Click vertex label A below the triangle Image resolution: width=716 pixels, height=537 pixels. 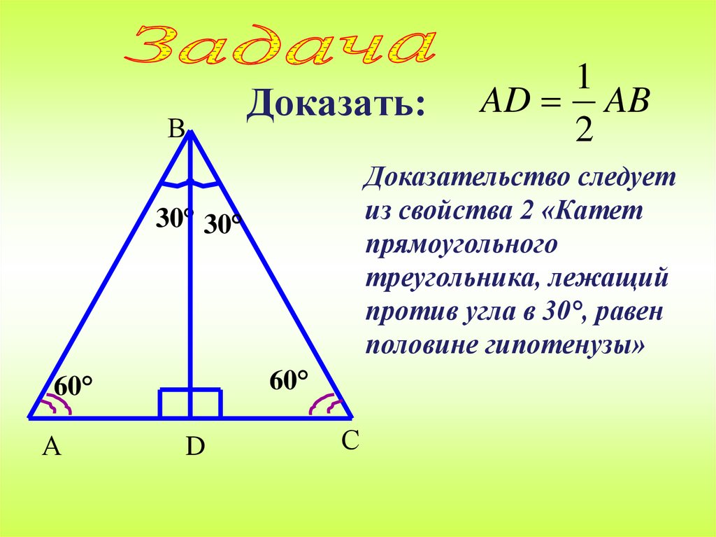52,447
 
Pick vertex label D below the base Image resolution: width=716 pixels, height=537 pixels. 194,447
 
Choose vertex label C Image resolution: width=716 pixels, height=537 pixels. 350,441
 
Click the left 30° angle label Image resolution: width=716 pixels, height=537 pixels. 174,219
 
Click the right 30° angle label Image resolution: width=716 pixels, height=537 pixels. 223,225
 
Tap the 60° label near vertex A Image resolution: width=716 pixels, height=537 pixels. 74,386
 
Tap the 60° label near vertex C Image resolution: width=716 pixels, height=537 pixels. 289,382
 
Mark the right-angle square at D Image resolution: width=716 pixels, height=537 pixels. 190,404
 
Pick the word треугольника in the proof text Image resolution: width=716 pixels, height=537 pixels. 450,278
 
